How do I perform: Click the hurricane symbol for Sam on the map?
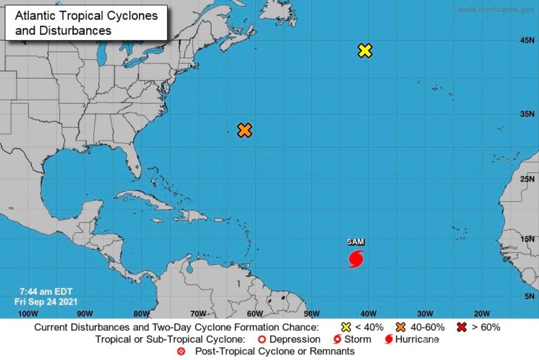tap(355, 259)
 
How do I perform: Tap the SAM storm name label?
tap(355, 242)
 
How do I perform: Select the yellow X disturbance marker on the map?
tap(365, 50)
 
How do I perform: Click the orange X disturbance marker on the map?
tap(244, 130)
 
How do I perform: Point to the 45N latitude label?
tap(526, 40)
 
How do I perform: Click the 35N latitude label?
tap(526, 114)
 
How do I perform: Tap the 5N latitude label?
tap(528, 296)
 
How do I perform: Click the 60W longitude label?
tap(255, 313)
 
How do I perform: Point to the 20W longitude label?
tap(482, 313)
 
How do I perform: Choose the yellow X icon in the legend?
tap(346, 327)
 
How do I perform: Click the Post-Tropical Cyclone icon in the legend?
tap(181, 351)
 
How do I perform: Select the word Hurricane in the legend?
tap(417, 339)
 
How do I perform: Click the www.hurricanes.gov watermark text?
tap(496, 9)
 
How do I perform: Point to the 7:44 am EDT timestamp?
tap(43, 292)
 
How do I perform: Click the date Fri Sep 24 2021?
tap(46, 302)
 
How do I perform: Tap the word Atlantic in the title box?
tap(35, 16)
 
